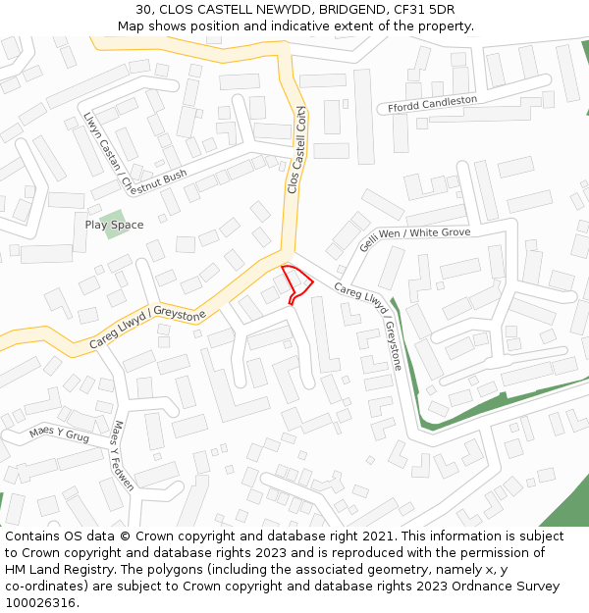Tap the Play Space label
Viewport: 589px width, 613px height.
(114, 225)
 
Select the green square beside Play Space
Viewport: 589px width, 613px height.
(113, 217)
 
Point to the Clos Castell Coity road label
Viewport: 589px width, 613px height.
(295, 150)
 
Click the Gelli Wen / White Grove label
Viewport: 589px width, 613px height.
(414, 238)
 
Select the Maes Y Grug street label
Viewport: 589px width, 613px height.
(59, 433)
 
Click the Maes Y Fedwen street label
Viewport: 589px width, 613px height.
(121, 454)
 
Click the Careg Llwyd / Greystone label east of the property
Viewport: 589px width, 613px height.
(369, 327)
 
